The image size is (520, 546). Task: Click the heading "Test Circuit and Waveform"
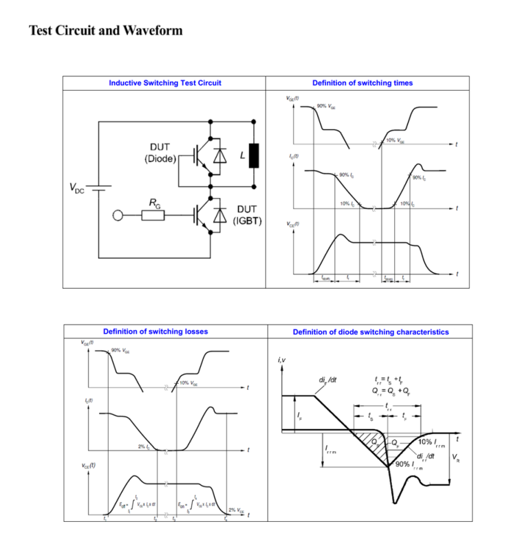coord(105,30)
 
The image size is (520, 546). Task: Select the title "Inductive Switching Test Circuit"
coord(165,83)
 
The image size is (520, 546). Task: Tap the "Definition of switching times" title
coord(362,83)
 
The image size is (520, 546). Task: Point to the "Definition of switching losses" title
coord(155,331)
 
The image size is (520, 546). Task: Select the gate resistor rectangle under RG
coord(153,215)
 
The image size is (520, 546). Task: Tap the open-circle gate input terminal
coord(118,215)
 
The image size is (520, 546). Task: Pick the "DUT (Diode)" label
coord(159,153)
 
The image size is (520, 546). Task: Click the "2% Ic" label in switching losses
coord(144,446)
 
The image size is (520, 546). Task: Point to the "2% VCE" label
coord(236,510)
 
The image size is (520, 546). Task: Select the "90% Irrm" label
coord(411,465)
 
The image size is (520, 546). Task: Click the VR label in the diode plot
coord(456,459)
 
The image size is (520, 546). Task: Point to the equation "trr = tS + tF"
coord(390,380)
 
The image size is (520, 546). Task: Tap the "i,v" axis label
coord(281,360)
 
